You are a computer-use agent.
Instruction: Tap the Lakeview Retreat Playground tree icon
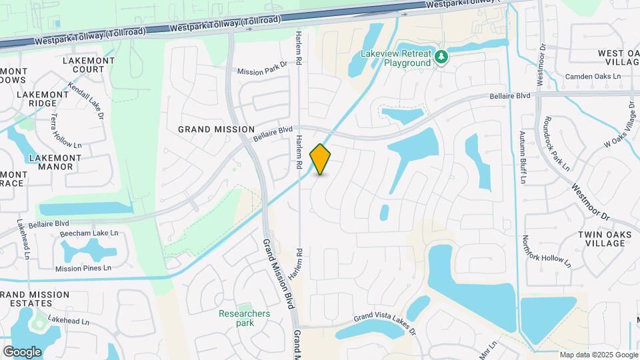(x=440, y=58)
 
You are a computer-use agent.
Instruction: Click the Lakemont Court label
(x=83, y=65)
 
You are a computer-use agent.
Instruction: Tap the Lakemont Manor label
(x=55, y=163)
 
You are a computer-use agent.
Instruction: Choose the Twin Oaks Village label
(x=601, y=239)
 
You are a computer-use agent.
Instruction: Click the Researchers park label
(x=245, y=318)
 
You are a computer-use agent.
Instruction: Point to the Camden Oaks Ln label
(x=593, y=77)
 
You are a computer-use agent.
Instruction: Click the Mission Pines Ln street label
(x=83, y=269)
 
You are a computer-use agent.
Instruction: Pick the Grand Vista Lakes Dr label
(x=385, y=321)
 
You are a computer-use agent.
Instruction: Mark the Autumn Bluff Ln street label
(x=523, y=158)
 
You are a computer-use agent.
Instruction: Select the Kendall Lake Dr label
(x=86, y=101)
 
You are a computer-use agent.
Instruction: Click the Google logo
(x=22, y=351)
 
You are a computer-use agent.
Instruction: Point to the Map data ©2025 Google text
(x=598, y=355)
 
